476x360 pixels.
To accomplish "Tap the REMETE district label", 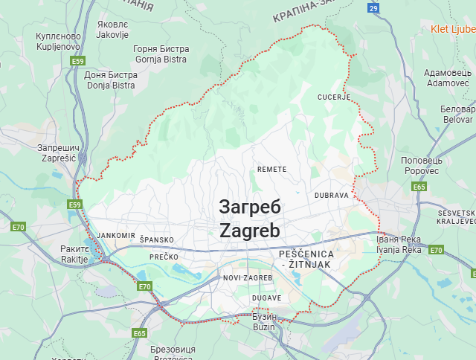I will (271, 170).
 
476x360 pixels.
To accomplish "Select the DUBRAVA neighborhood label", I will (332, 195).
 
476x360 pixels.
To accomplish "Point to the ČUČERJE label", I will (333, 97).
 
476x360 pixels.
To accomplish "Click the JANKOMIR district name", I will (116, 235).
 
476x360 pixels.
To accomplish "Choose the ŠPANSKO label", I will (156, 240).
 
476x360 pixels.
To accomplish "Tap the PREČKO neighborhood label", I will (164, 257).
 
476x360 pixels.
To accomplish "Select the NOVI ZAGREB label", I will (248, 277).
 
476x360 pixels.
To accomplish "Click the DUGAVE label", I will (266, 298).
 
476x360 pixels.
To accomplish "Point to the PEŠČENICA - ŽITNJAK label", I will (306, 260).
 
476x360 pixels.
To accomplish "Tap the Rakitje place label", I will (74, 254).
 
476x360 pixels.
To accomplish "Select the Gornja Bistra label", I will (161, 54).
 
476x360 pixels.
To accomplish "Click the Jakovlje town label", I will (113, 29).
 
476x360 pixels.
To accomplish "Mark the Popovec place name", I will (422, 165).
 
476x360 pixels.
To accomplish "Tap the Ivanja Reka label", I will (399, 245).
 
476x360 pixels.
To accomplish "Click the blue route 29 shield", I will (373, 8).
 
